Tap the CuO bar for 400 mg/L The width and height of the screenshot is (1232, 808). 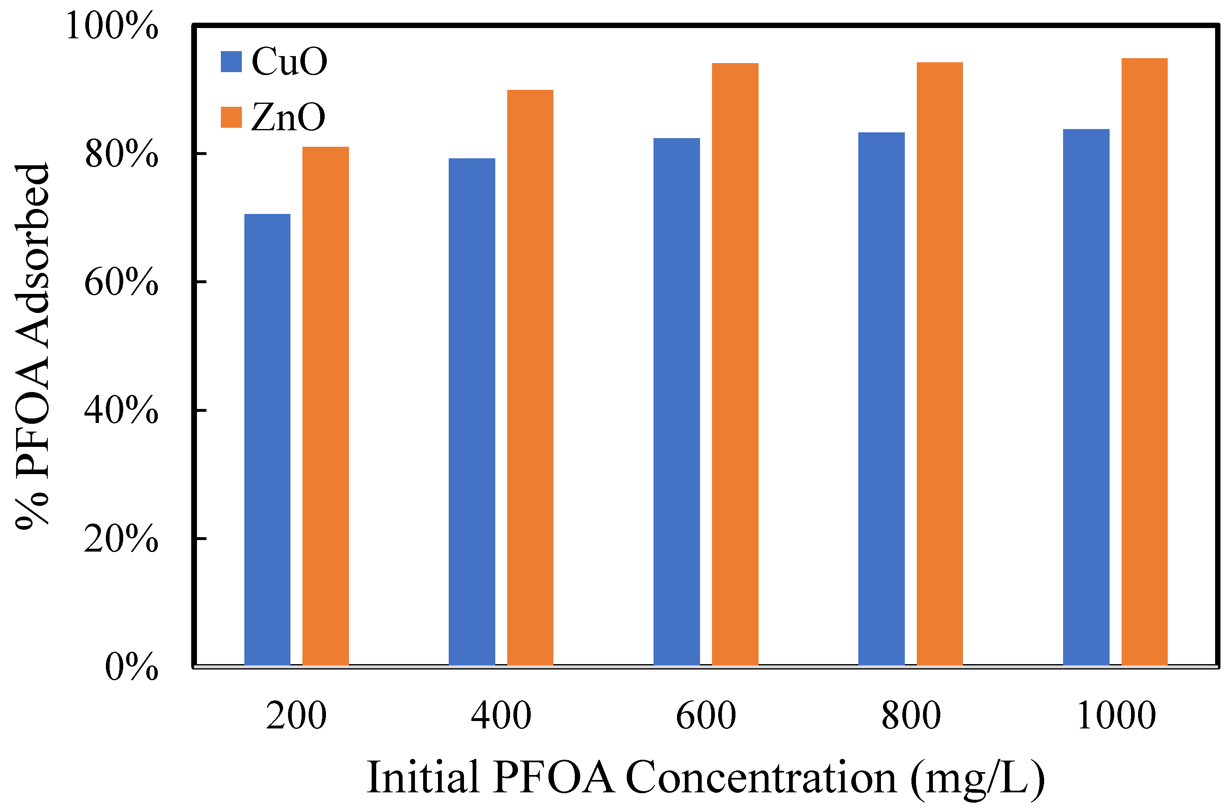pyautogui.click(x=471, y=411)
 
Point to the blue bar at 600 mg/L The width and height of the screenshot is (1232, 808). pyautogui.click(x=677, y=402)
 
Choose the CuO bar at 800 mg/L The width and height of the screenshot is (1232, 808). pyautogui.click(x=881, y=398)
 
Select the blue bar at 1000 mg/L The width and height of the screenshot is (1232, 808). pyautogui.click(x=1086, y=397)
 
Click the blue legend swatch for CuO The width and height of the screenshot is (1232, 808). pyautogui.click(x=232, y=62)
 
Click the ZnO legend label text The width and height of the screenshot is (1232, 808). pyautogui.click(x=288, y=117)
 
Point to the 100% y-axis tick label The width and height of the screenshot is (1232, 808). pyautogui.click(x=112, y=26)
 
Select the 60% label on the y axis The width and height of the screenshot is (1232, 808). pyautogui.click(x=121, y=283)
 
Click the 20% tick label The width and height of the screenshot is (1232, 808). pyautogui.click(x=121, y=539)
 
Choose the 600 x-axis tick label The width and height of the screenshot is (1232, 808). pyautogui.click(x=706, y=716)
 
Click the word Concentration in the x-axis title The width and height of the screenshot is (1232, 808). pyautogui.click(x=761, y=777)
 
